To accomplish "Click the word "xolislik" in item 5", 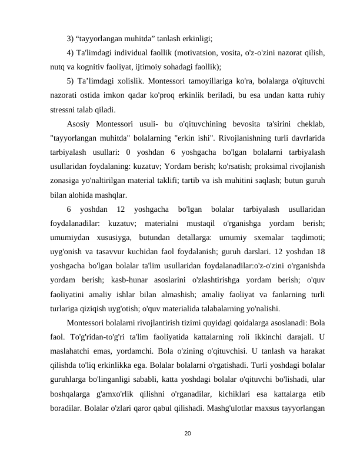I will coord(122,81).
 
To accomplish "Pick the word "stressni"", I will coord(65,109).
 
